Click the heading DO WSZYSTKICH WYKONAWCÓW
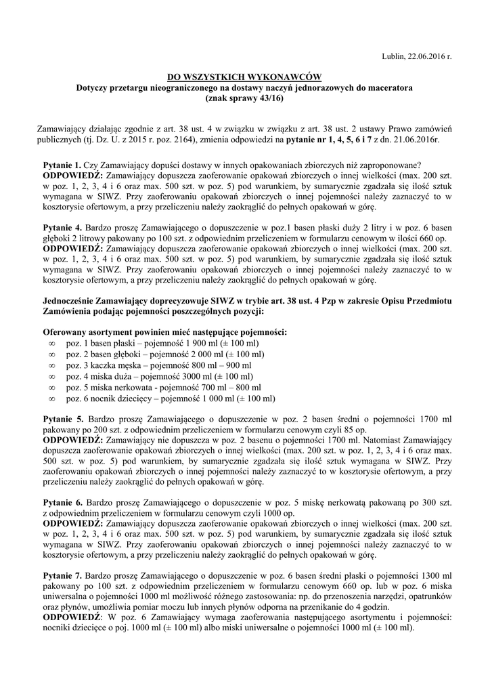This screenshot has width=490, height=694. click(244, 77)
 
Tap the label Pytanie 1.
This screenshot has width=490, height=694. click(62, 165)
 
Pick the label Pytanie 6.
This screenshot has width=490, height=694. click(62, 502)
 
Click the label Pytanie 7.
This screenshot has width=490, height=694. click(62, 575)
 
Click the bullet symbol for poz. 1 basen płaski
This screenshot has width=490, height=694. click(52, 344)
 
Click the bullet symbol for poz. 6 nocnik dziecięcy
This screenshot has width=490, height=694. click(52, 398)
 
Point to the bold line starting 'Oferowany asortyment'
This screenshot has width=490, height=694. click(164, 332)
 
